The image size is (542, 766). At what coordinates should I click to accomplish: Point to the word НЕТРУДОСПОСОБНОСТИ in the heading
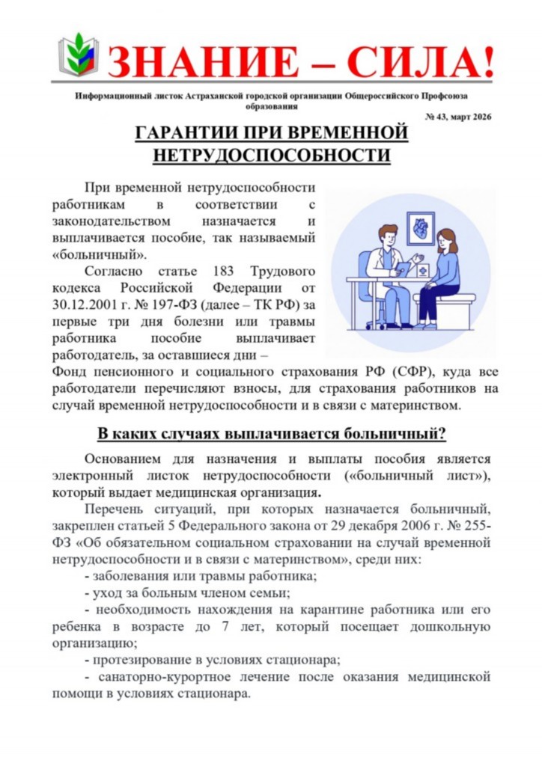click(272, 156)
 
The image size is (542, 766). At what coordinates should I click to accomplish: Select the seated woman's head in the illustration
click(448, 241)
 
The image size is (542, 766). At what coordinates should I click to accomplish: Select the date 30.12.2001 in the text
click(86, 305)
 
